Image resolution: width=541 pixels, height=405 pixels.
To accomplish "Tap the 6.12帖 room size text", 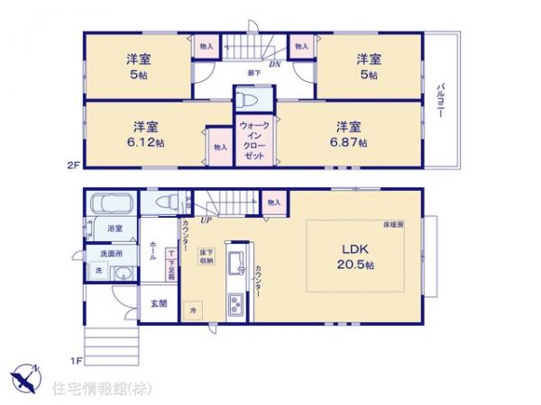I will tap(144, 143).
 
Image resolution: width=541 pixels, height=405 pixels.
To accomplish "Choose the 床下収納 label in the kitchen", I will tap(206, 257).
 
